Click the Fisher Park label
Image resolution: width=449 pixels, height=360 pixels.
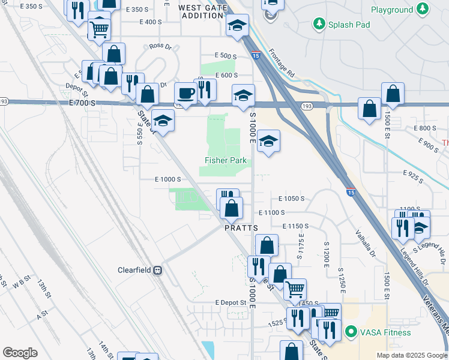(226, 160)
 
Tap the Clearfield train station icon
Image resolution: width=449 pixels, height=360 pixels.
(158, 270)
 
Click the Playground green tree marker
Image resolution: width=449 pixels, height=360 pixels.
(423, 10)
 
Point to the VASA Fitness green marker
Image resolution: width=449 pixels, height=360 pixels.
(351, 332)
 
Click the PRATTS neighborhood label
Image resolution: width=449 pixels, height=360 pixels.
(241, 228)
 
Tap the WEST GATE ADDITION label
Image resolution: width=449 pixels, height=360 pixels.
(201, 11)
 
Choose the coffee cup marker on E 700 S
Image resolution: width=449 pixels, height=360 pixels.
(185, 94)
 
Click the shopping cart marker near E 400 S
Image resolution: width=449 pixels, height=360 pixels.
(99, 28)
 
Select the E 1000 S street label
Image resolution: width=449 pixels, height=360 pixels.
(167, 179)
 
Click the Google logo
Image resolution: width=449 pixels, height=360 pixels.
(20, 353)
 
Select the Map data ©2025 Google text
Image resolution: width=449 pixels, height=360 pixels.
(412, 355)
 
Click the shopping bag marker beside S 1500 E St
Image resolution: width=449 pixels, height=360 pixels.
(393, 94)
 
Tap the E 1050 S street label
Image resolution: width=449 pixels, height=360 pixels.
(292, 198)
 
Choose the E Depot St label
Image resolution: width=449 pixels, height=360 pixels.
(231, 302)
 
